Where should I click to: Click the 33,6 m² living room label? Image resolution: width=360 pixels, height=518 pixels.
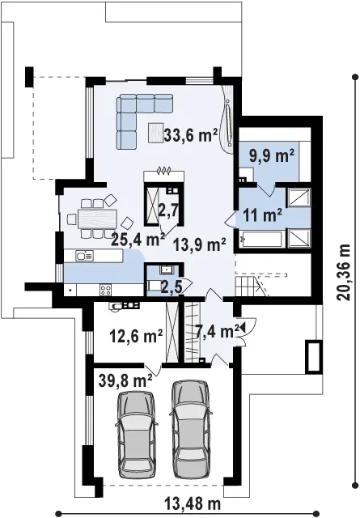[191, 135]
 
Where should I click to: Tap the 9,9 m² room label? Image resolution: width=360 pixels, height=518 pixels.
[272, 156]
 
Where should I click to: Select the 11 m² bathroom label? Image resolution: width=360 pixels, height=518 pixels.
[263, 215]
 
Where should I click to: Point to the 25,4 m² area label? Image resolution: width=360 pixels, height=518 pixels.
[138, 240]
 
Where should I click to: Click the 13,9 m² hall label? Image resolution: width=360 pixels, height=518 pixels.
[200, 244]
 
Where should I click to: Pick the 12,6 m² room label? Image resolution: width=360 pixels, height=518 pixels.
[136, 336]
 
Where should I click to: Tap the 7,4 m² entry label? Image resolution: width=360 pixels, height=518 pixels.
[218, 331]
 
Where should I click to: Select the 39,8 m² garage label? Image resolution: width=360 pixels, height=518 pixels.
[125, 380]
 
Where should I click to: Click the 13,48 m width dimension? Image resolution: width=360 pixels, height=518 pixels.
[193, 504]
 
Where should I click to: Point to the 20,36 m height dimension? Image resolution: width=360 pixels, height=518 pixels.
[344, 272]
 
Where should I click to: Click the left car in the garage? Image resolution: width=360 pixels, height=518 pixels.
[137, 434]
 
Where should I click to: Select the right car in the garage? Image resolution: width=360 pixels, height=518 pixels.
[191, 429]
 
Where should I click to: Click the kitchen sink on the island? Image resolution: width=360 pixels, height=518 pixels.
[85, 256]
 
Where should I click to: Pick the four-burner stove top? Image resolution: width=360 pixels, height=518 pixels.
[106, 290]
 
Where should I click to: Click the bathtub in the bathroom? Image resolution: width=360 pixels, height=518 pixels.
[261, 240]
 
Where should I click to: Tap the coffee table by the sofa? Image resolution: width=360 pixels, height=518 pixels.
[155, 133]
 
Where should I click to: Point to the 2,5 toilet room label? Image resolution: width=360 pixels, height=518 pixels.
[172, 288]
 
